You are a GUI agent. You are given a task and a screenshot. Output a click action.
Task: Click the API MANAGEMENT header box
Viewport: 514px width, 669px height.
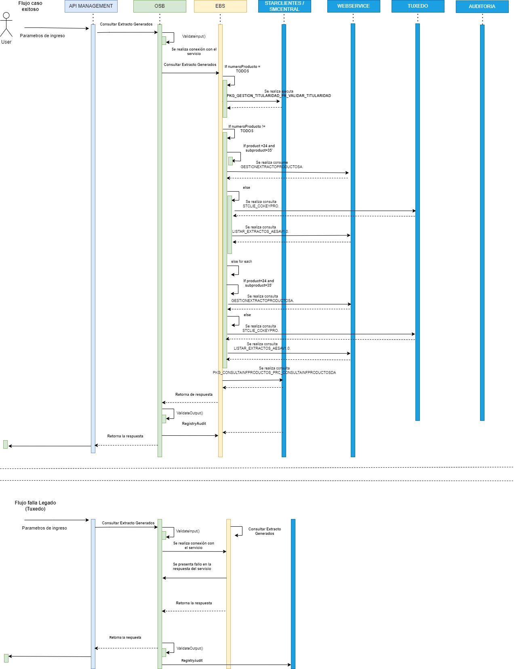[x=91, y=6]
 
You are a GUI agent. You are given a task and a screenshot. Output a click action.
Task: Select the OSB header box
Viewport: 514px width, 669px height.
[x=160, y=6]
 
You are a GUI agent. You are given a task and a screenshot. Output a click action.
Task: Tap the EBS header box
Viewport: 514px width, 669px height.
[x=220, y=6]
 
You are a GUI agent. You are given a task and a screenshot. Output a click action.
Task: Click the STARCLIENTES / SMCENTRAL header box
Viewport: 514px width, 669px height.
[x=284, y=6]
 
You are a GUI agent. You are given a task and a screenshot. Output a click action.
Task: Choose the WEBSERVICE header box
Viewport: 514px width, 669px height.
[x=354, y=6]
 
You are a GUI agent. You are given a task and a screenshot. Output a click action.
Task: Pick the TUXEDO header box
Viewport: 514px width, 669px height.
[x=418, y=6]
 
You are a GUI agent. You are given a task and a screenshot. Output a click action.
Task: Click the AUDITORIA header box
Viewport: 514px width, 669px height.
[x=482, y=6]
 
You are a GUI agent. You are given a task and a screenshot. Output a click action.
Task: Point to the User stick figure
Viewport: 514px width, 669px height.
[x=6, y=25]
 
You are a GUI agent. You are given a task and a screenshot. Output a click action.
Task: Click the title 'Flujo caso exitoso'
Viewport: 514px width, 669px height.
[x=30, y=6]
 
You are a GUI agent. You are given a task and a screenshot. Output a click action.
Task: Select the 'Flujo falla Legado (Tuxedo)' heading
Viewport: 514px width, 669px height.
[x=36, y=506]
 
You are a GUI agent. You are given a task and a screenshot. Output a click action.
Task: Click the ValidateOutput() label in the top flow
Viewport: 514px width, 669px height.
[x=190, y=413]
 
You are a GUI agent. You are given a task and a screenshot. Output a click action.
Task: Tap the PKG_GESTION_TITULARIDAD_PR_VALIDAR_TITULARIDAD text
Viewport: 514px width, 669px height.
[x=279, y=96]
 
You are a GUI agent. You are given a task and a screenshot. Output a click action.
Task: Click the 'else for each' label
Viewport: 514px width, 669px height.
[x=242, y=262]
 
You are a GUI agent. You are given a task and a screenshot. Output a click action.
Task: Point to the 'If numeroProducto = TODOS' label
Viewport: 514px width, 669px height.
[x=242, y=69]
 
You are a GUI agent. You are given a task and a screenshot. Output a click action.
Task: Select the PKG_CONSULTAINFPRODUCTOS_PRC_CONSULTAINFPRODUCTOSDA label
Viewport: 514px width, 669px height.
[x=274, y=373]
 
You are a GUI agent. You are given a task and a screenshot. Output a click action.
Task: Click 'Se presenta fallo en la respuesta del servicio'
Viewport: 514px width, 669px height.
[x=192, y=566]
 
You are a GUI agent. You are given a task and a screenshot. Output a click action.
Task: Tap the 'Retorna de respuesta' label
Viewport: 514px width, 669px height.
[x=194, y=395]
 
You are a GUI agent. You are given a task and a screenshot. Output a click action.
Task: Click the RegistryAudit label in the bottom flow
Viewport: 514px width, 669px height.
[x=192, y=661]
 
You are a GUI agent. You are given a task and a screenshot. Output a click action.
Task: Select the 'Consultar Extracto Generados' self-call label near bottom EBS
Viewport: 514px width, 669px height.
[x=265, y=531]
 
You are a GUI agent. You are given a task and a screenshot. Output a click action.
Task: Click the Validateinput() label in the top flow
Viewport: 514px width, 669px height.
[x=194, y=36]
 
